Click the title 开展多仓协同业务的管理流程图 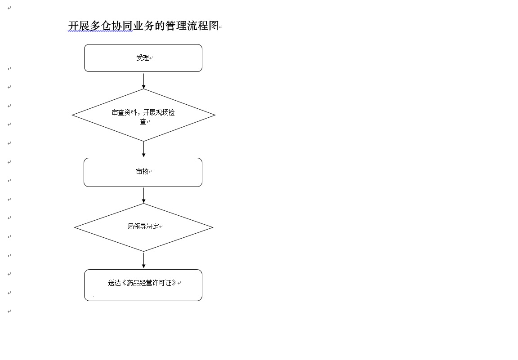coord(143,26)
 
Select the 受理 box coord(143,58)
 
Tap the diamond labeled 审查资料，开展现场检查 coord(144,115)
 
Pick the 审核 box coord(143,173)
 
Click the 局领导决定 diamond coord(144,227)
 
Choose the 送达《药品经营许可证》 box coord(143,285)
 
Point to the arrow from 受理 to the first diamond coord(144,81)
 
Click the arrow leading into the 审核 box coord(144,149)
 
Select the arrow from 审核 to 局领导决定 coord(144,195)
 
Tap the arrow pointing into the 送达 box coord(144,260)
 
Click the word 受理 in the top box coord(143,58)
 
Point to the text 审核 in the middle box coord(143,171)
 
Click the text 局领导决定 coord(143,226)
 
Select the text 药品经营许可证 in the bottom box coord(149,283)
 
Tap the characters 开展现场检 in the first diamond coord(159,113)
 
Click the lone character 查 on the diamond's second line coord(143,121)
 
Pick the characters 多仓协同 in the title coord(111,26)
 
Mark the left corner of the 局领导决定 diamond coord(75,227)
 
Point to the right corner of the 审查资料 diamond coord(215,115)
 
